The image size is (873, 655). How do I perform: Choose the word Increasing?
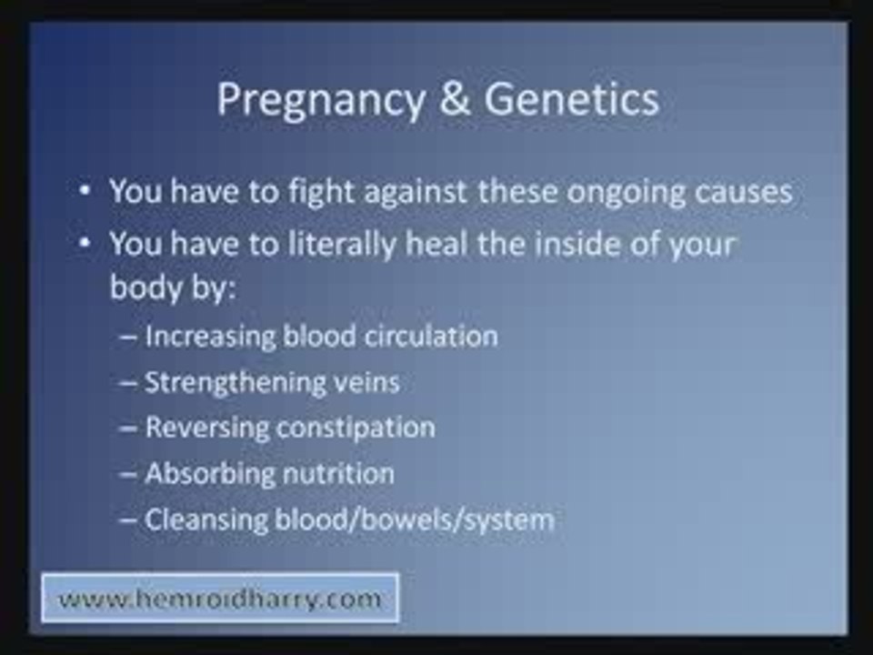(209, 337)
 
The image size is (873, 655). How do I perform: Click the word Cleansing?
(203, 520)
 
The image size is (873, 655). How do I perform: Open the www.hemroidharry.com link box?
(219, 599)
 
